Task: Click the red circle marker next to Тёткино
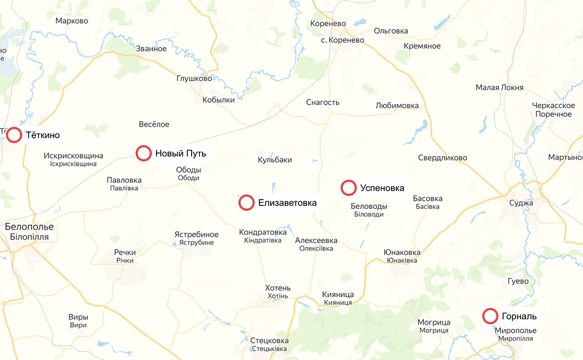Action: point(14,135)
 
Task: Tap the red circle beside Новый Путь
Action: point(144,153)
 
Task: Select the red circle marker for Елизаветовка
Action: point(247,202)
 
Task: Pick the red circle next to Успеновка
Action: point(349,188)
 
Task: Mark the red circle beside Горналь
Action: point(490,316)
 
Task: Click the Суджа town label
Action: point(521,203)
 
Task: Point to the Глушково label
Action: point(194,79)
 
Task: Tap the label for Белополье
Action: point(29,227)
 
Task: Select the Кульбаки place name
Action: point(275,160)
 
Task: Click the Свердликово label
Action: point(443,158)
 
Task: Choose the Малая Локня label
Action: point(500,88)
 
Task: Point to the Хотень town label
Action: point(278,288)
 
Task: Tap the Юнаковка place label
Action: point(402,253)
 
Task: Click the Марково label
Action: point(72,21)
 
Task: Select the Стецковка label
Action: point(269,341)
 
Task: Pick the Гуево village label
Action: point(518,281)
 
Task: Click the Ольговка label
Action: point(391,31)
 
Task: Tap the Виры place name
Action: point(78,318)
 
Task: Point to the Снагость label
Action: point(323,103)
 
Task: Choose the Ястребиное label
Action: point(196,235)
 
